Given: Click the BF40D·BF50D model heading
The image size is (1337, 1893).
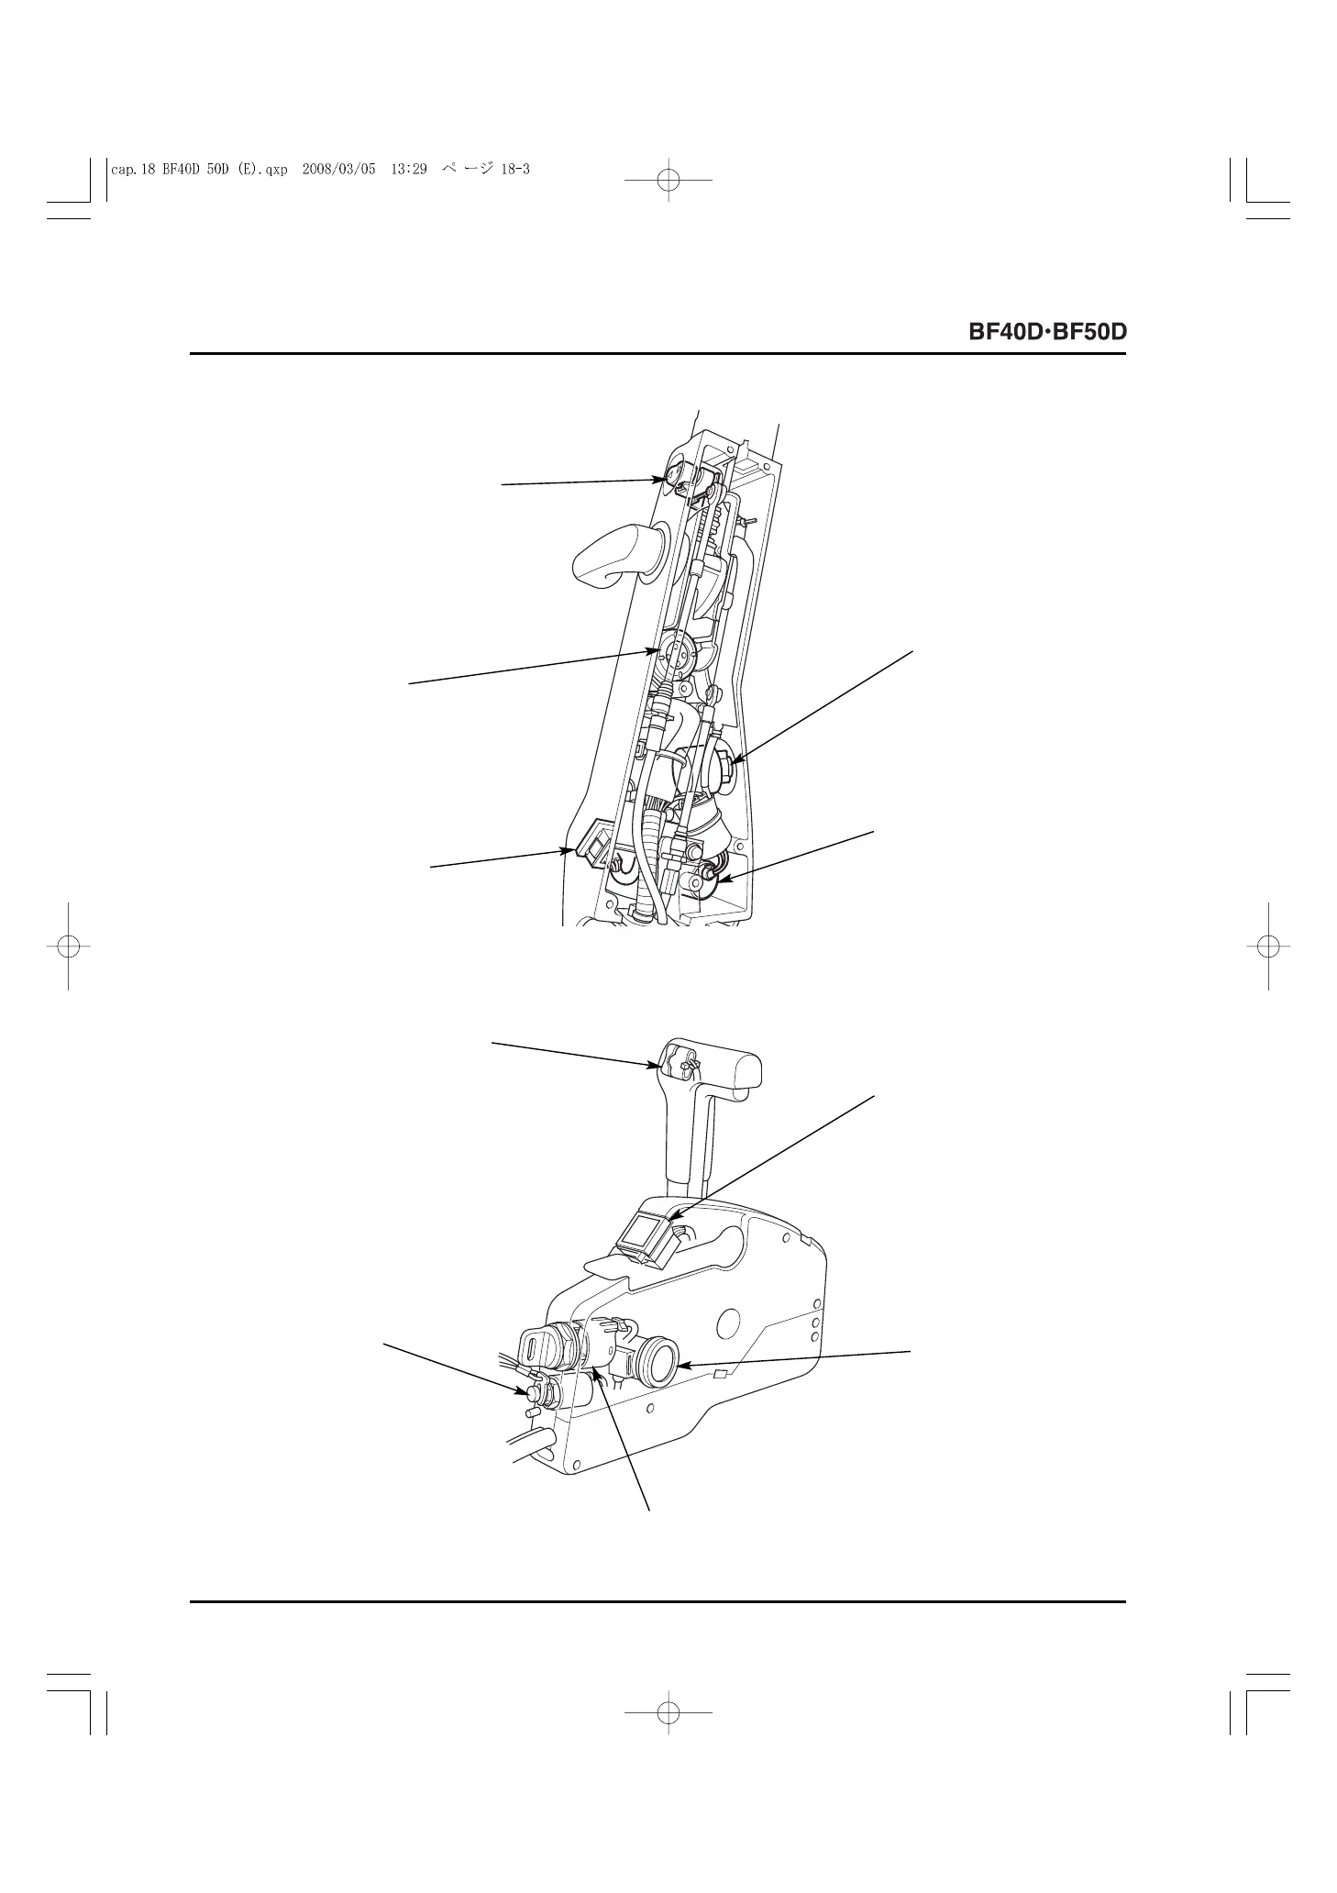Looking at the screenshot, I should (x=1046, y=332).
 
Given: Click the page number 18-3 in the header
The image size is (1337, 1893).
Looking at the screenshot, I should (x=515, y=170).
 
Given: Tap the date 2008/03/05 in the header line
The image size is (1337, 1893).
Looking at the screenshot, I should (x=338, y=170).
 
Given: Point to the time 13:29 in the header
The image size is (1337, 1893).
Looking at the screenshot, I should (x=409, y=170).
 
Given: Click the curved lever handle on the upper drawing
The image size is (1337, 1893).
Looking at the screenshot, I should (x=606, y=554).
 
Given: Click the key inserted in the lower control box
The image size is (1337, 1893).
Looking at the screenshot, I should (x=535, y=1349).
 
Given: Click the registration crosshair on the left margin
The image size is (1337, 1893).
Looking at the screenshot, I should (x=68, y=946).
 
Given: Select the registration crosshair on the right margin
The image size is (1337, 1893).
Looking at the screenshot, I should (x=1268, y=946).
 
